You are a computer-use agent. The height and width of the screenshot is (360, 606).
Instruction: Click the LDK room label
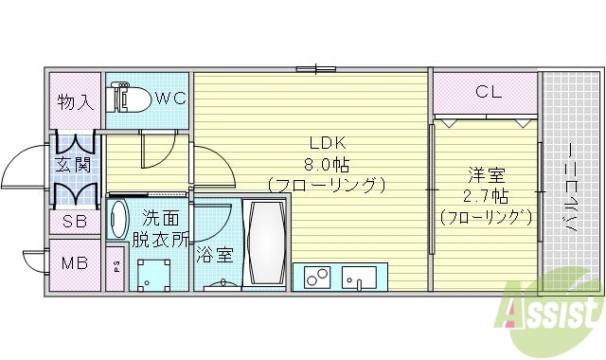tap(325, 143)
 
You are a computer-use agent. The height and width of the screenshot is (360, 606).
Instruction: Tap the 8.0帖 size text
tap(325, 163)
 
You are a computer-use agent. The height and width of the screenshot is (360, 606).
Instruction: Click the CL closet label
tap(487, 92)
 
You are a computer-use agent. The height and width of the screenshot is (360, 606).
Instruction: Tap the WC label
tap(169, 96)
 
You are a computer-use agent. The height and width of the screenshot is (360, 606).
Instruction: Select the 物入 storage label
tap(75, 100)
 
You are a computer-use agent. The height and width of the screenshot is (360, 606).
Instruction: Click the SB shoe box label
tap(75, 224)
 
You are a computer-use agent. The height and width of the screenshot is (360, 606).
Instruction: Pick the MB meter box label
tap(75, 263)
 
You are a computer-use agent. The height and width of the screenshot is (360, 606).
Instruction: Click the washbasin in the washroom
tap(118, 219)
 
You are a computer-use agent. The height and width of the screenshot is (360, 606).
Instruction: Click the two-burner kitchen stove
tap(317, 278)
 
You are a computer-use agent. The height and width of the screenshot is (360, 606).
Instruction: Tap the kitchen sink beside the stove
tap(358, 279)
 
